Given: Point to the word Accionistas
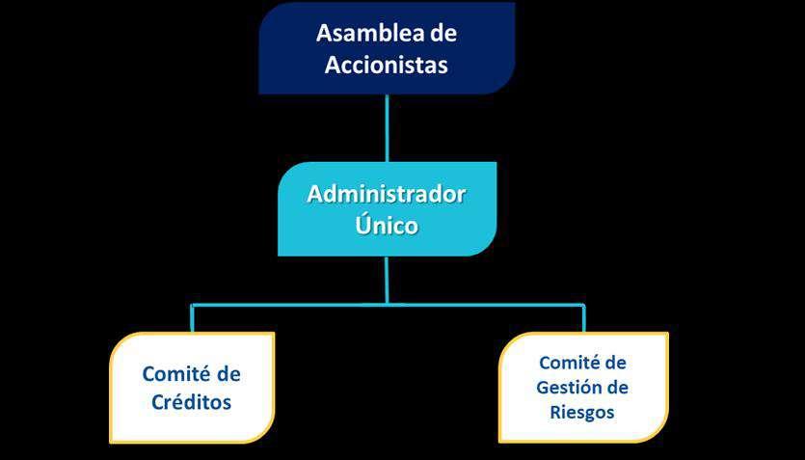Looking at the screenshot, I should [x=387, y=65].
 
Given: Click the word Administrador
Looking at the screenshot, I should [x=387, y=194].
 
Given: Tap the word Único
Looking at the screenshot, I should [x=387, y=226].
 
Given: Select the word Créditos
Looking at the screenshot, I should [x=192, y=402].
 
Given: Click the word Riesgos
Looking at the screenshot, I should [x=582, y=412].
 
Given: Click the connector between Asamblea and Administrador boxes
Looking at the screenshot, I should [x=387, y=127].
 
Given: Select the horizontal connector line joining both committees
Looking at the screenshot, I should [x=289, y=305].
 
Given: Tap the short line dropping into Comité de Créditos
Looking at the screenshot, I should [x=193, y=318].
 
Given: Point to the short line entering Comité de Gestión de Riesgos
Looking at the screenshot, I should [x=582, y=318].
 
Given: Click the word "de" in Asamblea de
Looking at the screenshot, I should [x=443, y=34].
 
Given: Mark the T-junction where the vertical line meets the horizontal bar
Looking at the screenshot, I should [x=387, y=304].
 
